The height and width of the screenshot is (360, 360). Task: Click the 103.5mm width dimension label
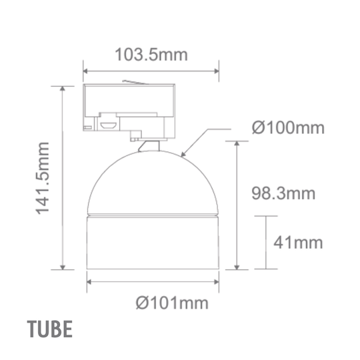(151, 54)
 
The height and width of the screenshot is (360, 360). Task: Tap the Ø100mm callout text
(288, 127)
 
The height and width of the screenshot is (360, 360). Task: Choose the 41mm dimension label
(297, 242)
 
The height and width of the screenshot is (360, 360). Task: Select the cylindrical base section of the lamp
(153, 243)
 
